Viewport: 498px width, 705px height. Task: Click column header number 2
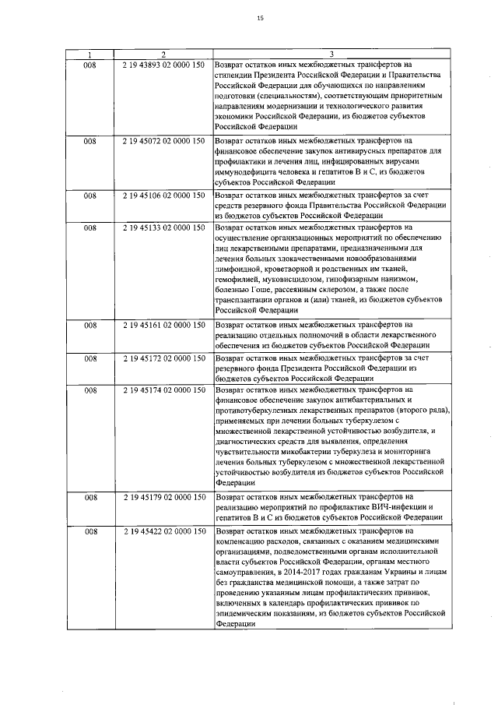[x=163, y=54]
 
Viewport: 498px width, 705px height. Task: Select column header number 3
[x=331, y=54]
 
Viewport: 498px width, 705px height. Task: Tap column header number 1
[x=90, y=54]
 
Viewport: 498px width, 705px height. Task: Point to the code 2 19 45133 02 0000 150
[x=163, y=227]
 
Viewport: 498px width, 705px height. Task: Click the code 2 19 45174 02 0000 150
[x=163, y=389]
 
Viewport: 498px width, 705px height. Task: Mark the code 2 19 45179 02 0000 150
[x=163, y=496]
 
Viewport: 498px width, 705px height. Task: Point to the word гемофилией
[x=240, y=279]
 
